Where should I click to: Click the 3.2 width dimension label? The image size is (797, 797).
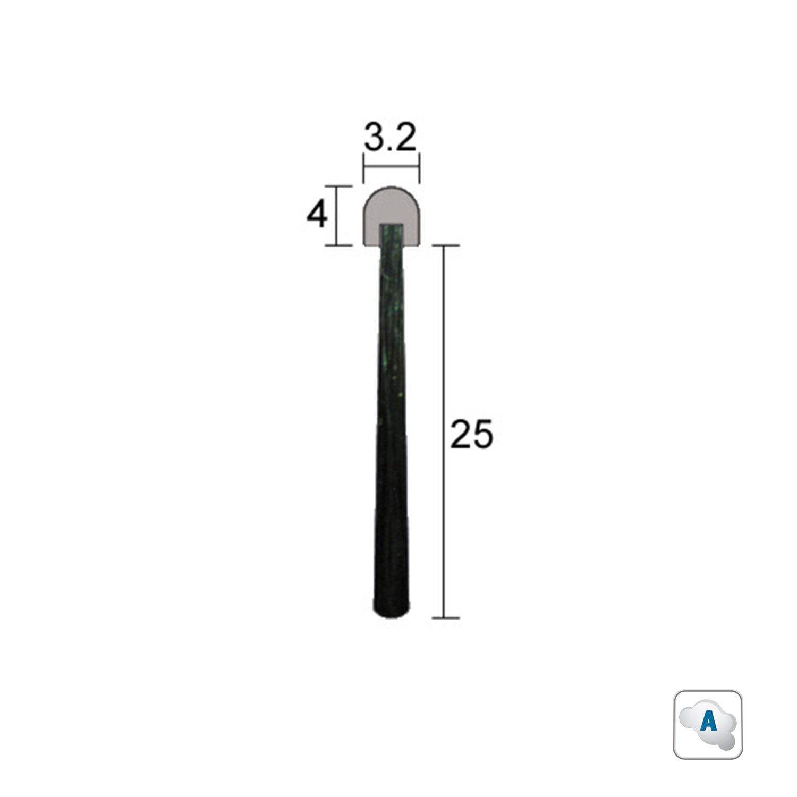coord(389,139)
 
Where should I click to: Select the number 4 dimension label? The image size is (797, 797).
coord(317,216)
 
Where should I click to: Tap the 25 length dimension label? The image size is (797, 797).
coord(471,434)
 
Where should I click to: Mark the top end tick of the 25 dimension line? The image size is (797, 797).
coord(445,246)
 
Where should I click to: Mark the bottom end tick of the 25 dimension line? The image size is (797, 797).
coord(445,618)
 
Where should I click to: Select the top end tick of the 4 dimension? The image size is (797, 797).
coord(338,186)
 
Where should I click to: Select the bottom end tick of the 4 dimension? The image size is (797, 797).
coord(338,245)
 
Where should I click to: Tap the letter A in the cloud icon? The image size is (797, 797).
coord(708,723)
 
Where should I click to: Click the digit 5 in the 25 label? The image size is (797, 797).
coord(483,434)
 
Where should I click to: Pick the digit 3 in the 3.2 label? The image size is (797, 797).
coord(374,139)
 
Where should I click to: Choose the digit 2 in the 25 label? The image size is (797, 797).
coord(460,434)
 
